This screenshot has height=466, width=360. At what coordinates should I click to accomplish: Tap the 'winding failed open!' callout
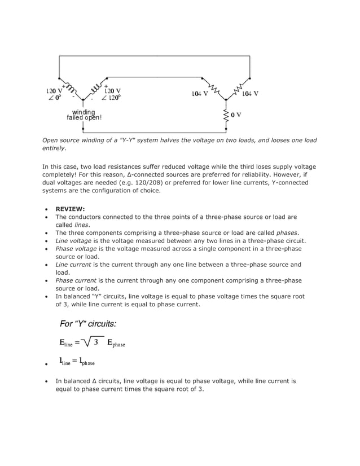click(x=84, y=115)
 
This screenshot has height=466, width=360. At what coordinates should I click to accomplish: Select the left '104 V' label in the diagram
click(x=199, y=93)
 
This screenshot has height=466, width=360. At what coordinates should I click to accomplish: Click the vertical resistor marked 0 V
click(x=226, y=115)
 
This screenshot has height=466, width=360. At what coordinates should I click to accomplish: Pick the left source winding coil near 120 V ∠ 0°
click(x=71, y=89)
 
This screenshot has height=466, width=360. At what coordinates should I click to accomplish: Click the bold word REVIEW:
click(x=70, y=208)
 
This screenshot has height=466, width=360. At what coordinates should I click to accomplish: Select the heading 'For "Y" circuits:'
click(x=88, y=324)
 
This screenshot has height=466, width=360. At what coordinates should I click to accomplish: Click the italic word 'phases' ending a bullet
click(x=287, y=232)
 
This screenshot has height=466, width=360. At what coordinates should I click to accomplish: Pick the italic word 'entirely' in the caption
click(x=54, y=148)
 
